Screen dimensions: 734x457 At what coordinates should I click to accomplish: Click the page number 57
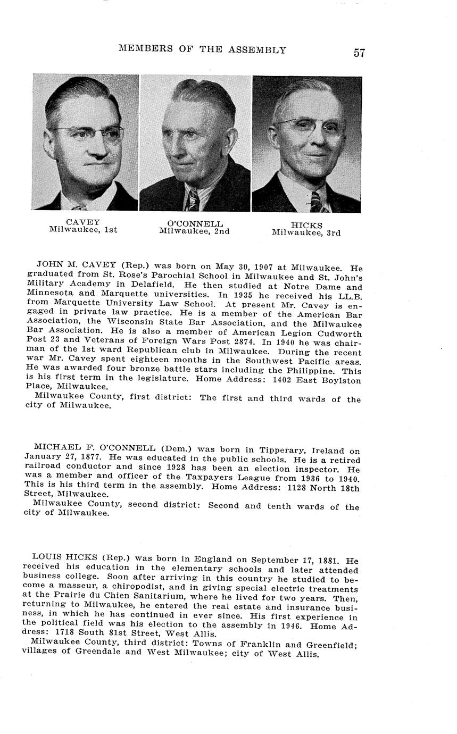click(x=359, y=53)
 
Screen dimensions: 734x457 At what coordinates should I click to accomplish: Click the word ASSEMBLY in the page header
click(x=258, y=50)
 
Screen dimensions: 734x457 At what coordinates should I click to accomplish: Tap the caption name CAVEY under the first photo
click(x=83, y=222)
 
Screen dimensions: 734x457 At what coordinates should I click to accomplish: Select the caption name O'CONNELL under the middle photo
click(x=195, y=224)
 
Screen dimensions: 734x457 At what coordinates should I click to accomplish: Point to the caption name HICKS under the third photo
click(x=306, y=226)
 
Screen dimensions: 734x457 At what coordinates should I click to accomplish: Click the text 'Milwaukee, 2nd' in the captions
click(x=194, y=231)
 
